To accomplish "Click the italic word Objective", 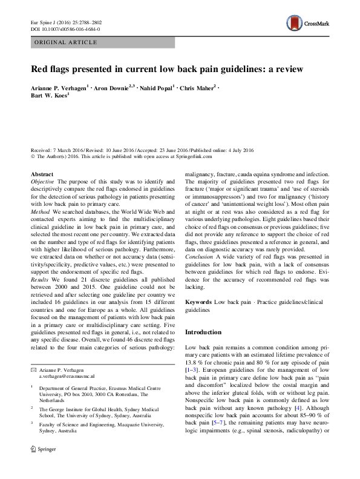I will (x=42, y=182).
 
